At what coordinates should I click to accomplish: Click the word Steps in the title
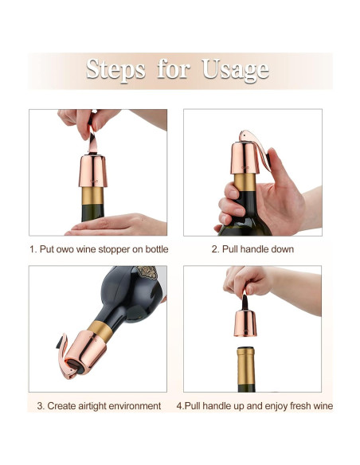coord(115,70)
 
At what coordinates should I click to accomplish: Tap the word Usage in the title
coord(236,71)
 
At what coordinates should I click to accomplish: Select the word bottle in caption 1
coord(157,249)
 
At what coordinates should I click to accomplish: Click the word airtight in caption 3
coord(92,406)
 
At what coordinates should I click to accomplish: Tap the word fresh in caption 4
coord(302,406)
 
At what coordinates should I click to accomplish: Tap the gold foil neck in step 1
coord(93,196)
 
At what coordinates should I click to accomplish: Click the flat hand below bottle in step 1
coord(115,225)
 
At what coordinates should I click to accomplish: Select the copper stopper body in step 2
coord(245,158)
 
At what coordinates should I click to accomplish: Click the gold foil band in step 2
coord(245,182)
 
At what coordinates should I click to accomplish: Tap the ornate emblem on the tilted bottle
coord(147,272)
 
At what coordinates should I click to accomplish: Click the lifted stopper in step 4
coord(245,320)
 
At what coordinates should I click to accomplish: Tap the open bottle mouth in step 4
coord(246,349)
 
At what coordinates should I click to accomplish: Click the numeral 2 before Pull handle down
coord(214,249)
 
